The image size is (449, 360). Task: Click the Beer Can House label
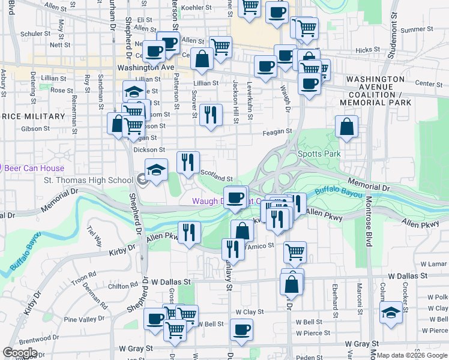(34, 169)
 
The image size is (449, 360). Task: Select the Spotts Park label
(319, 154)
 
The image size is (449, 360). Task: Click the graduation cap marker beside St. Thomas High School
(156, 170)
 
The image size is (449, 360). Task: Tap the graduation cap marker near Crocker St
(391, 313)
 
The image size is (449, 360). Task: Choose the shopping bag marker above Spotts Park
(346, 127)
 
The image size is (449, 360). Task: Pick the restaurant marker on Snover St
(209, 115)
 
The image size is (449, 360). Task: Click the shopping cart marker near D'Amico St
(295, 253)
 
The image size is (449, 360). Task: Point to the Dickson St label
(149, 149)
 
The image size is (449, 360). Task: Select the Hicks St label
(364, 50)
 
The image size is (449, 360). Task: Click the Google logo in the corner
(20, 353)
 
